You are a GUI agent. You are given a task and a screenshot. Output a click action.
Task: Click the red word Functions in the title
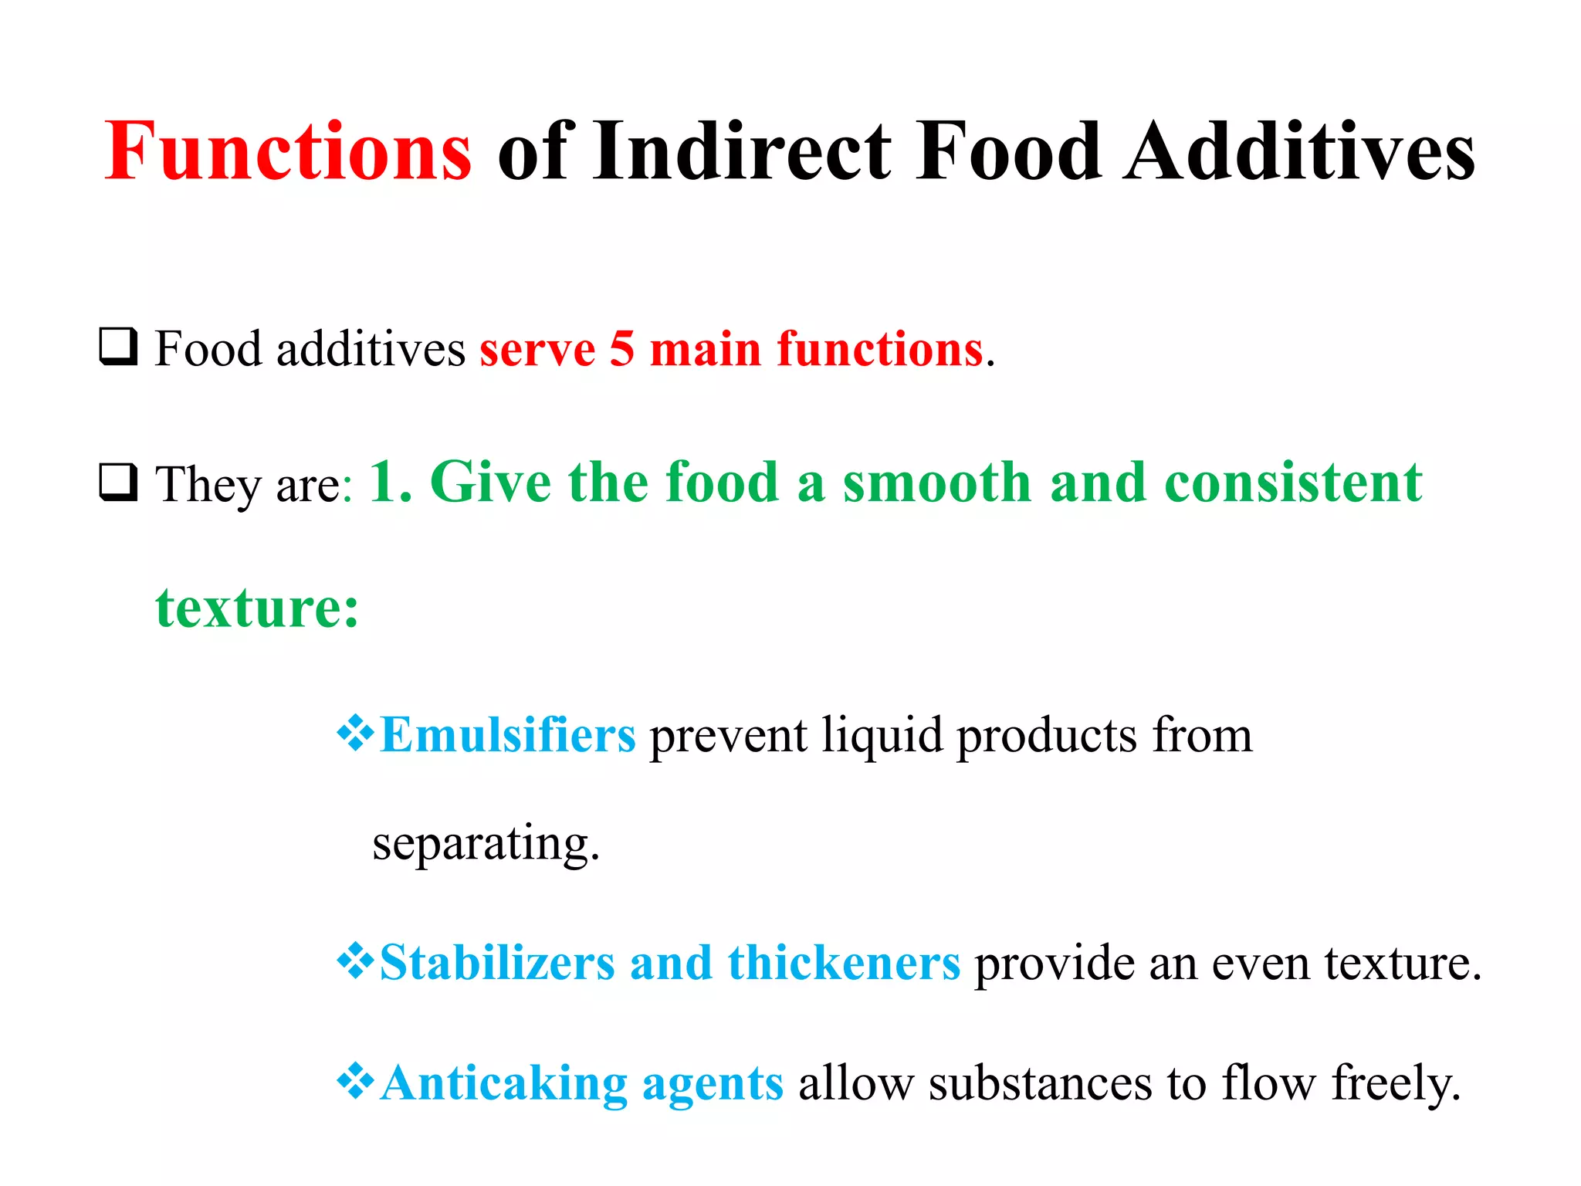pyautogui.click(x=287, y=152)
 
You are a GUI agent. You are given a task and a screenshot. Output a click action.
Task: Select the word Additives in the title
pyautogui.click(x=1299, y=152)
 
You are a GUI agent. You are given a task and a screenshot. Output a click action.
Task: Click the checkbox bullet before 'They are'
pyautogui.click(x=118, y=483)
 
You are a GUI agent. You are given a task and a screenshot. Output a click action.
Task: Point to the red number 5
pyautogui.click(x=621, y=349)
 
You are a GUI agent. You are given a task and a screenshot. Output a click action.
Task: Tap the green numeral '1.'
pyautogui.click(x=391, y=483)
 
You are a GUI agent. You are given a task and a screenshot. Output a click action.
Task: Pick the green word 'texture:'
pyautogui.click(x=257, y=608)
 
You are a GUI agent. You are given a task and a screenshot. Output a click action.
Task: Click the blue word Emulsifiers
pyautogui.click(x=508, y=734)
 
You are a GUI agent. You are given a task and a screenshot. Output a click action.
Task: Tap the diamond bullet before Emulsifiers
pyautogui.click(x=355, y=734)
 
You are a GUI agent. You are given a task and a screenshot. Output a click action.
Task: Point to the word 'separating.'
pyautogui.click(x=486, y=844)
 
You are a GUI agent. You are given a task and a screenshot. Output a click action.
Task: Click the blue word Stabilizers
pyautogui.click(x=497, y=963)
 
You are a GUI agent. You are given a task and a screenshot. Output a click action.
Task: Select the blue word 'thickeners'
pyautogui.click(x=844, y=963)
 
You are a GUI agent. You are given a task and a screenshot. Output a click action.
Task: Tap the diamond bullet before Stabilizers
pyautogui.click(x=355, y=962)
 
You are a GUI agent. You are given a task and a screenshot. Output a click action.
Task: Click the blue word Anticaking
pyautogui.click(x=504, y=1084)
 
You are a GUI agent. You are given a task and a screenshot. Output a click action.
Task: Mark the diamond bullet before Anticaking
pyautogui.click(x=355, y=1081)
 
